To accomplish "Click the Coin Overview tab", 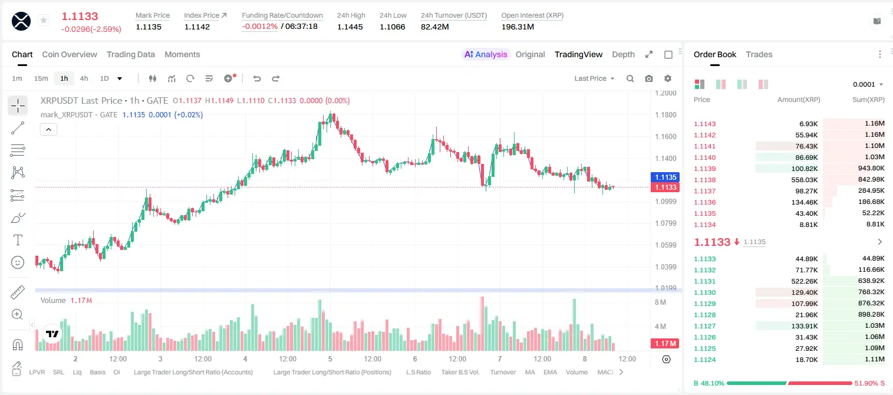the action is [x=70, y=54].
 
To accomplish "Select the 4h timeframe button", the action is [x=84, y=78].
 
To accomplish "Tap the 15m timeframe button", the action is [x=41, y=78].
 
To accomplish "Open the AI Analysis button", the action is [x=486, y=54].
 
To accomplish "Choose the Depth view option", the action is [x=623, y=54].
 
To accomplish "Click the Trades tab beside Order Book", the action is [x=759, y=54].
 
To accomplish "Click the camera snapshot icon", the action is [x=649, y=78].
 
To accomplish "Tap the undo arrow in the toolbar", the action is [x=257, y=78].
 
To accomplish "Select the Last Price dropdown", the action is [x=594, y=78].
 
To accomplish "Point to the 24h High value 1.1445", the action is [x=350, y=27].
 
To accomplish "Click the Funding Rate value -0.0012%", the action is [x=259, y=27].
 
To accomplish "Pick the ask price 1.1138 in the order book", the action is [x=705, y=180].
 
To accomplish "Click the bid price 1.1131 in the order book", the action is [x=705, y=281].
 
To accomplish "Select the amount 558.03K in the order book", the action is [x=805, y=180].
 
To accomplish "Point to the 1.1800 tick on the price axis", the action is [x=665, y=115].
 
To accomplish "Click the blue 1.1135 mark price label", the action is [x=665, y=177].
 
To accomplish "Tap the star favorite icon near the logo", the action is [x=44, y=20].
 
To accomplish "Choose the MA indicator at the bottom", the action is [x=530, y=372].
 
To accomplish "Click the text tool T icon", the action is [x=18, y=240].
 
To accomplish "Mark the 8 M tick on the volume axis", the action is [x=660, y=302].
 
